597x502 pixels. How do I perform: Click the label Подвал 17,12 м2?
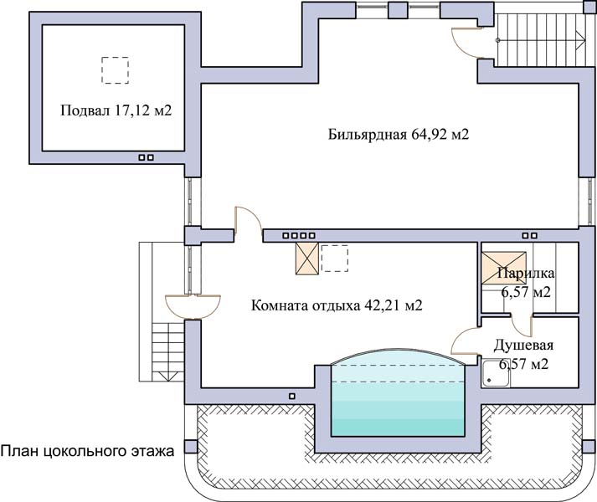pos(116,110)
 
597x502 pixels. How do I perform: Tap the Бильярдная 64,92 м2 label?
pos(398,134)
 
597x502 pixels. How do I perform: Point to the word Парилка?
pos(526,274)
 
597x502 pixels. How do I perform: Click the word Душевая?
pos(522,345)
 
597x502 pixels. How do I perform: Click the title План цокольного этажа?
pos(87,451)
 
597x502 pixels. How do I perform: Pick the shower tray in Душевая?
pos(495,374)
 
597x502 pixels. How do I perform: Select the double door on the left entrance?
pos(193,303)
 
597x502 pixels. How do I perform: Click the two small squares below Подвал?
pos(147,156)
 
